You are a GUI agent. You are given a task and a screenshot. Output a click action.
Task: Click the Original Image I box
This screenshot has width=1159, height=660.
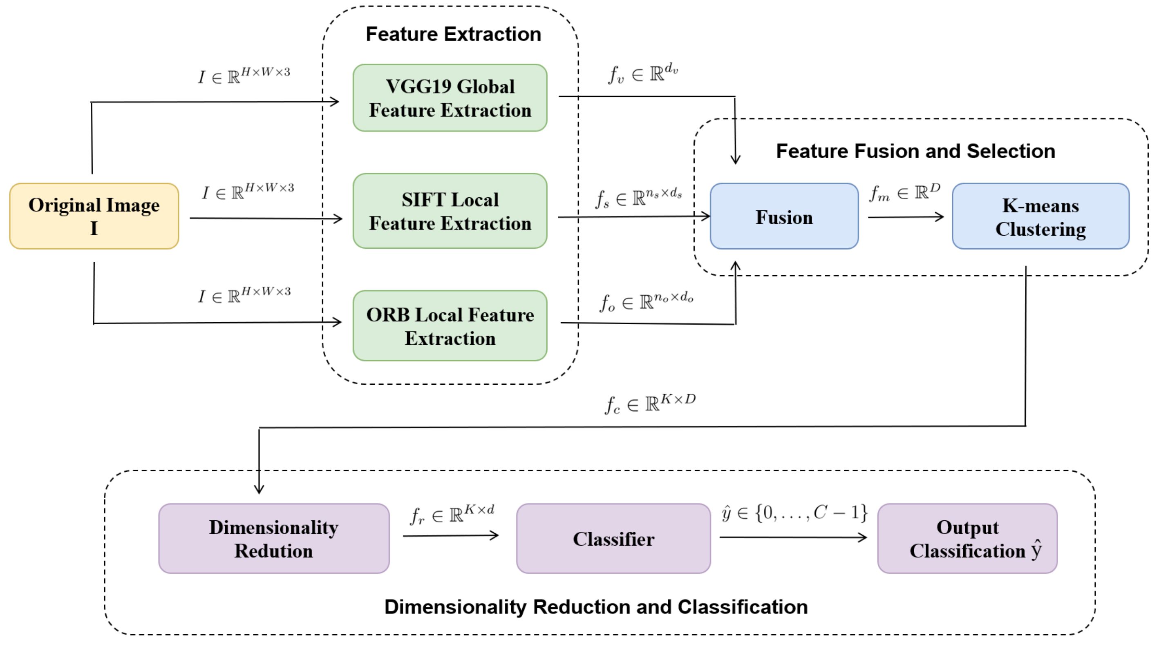coord(94,216)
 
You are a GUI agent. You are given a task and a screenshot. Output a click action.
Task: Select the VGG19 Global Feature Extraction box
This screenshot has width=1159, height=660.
coord(450,98)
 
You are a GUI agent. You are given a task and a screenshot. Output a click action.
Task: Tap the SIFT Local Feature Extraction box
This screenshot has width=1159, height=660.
coord(450,211)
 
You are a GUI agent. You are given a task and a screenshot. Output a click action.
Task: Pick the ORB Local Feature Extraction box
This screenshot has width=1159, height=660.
coord(450,326)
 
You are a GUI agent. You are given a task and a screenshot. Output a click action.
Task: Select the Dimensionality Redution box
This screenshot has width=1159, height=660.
coord(274,539)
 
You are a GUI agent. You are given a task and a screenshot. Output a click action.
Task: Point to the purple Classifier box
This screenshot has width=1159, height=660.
coord(613,539)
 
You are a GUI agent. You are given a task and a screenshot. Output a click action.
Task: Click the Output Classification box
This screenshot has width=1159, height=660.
coord(967,539)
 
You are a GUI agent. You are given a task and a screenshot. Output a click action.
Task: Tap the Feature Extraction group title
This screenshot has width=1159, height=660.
coord(454,34)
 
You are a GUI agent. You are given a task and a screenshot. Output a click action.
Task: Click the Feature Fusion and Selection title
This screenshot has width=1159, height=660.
coord(915,151)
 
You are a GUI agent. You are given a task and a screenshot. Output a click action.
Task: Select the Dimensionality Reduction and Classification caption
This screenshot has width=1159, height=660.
coord(596,607)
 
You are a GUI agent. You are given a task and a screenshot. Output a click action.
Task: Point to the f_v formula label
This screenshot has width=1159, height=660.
coord(643,74)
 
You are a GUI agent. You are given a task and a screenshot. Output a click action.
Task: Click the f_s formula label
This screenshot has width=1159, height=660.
coord(638,198)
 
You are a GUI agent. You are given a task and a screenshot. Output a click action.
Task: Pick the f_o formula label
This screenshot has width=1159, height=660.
coord(646,301)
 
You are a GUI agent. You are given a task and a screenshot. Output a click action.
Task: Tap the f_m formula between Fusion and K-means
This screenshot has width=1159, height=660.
coord(904,193)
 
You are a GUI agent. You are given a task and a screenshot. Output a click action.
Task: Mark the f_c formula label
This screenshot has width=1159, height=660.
coord(650,403)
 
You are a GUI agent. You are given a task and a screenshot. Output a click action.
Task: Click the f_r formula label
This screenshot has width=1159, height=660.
coord(452,515)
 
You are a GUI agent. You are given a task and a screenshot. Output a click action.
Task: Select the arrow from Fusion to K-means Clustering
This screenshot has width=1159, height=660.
coord(905,217)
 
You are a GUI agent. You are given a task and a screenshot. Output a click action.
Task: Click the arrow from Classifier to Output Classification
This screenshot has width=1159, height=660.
coord(792,537)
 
